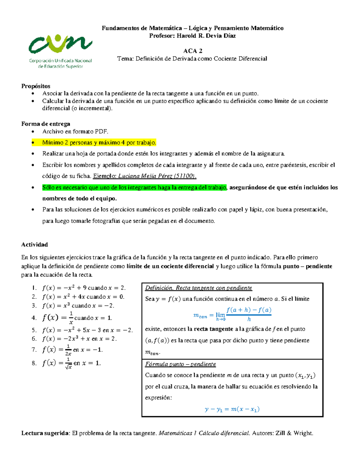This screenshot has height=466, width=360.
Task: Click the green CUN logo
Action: [x=60, y=45]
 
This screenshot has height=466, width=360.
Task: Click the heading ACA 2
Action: [x=193, y=51]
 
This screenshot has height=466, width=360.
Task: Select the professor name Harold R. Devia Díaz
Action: [x=206, y=36]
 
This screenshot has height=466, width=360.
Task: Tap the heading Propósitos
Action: [x=36, y=86]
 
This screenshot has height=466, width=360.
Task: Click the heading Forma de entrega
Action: [x=46, y=124]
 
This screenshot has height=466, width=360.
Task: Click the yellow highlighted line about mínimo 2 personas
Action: [x=99, y=143]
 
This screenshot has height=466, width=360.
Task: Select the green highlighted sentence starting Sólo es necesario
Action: [x=134, y=188]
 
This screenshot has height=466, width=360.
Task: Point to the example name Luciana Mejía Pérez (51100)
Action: [x=157, y=176]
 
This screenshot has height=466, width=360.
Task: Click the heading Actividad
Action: [x=34, y=245]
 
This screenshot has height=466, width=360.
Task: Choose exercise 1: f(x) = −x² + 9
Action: [x=83, y=288]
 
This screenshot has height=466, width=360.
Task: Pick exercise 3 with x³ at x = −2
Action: [x=78, y=306]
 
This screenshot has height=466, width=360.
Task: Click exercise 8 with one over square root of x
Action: [x=71, y=363]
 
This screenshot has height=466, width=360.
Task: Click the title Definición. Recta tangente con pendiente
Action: [x=198, y=288]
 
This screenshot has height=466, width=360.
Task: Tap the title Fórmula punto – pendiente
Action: [x=180, y=364]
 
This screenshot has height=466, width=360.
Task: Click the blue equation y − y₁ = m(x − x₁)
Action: [x=232, y=409]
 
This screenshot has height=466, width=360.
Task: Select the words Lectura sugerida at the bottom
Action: [x=45, y=433]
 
